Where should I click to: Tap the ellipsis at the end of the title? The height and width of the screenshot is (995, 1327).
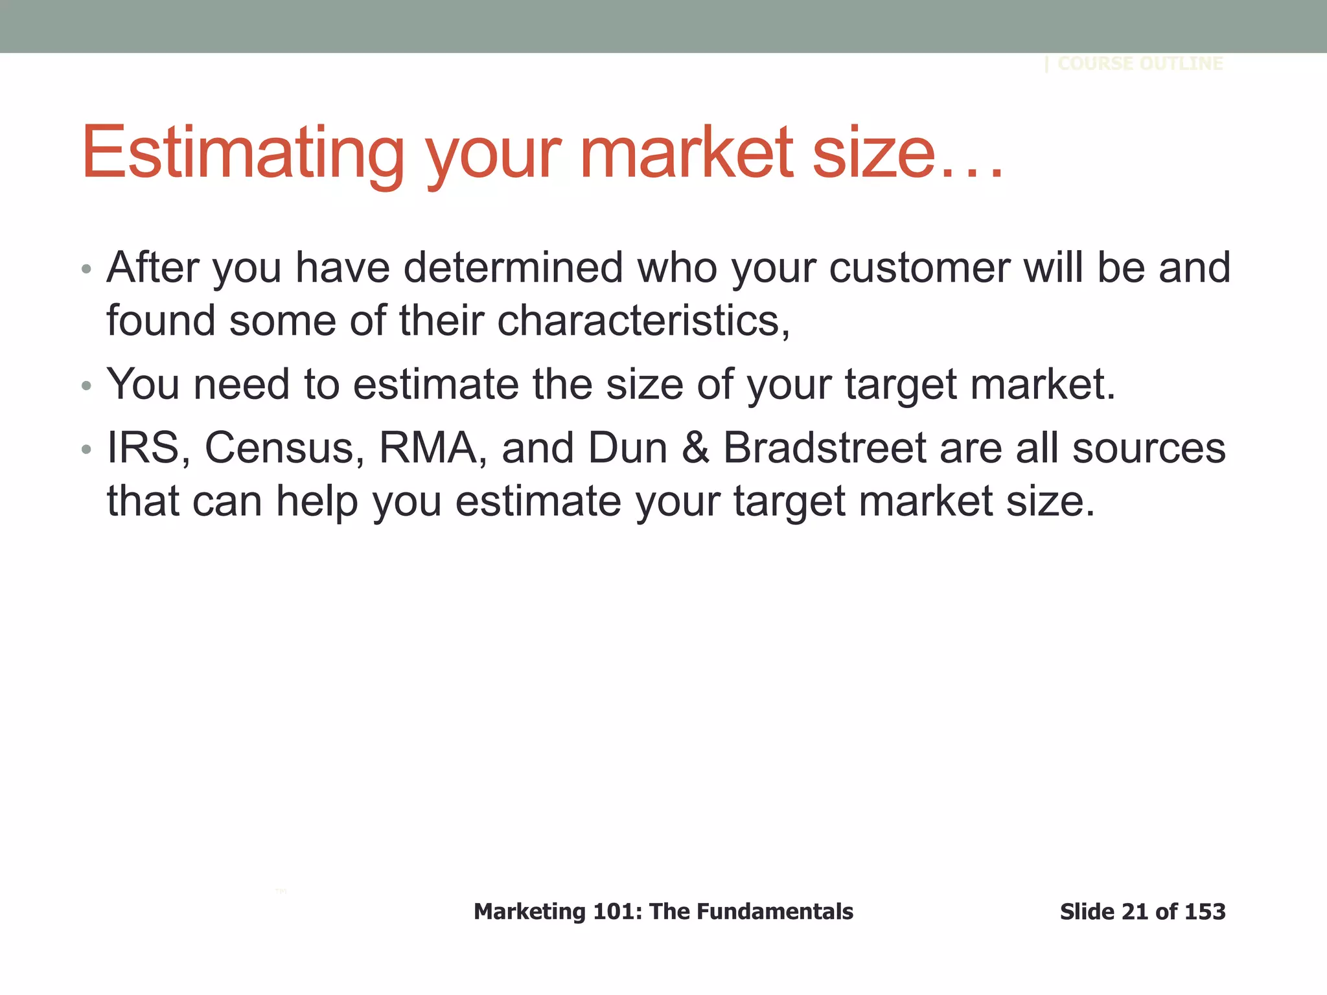pyautogui.click(x=972, y=174)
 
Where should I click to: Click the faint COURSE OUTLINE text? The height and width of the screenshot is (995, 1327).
pyautogui.click(x=1140, y=63)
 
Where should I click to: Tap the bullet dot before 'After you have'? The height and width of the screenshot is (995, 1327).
pyautogui.click(x=87, y=269)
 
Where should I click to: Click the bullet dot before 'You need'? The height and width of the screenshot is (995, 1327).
pyautogui.click(x=87, y=387)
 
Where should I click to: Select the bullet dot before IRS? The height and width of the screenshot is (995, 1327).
pyautogui.click(x=87, y=450)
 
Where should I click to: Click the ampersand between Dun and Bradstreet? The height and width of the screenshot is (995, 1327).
pyautogui.click(x=695, y=448)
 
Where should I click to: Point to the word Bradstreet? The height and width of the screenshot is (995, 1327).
pyautogui.click(x=825, y=448)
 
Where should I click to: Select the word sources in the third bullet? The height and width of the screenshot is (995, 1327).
pyautogui.click(x=1149, y=449)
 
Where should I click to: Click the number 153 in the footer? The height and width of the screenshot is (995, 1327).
pyautogui.click(x=1205, y=911)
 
